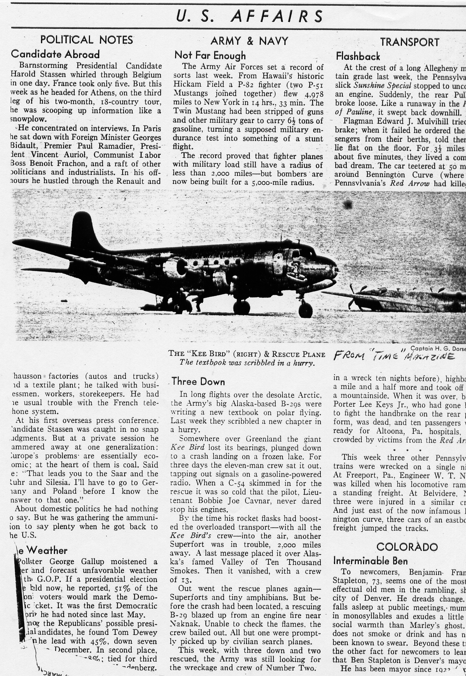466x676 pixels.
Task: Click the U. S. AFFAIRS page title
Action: point(249,16)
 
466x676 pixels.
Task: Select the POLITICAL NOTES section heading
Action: point(87,40)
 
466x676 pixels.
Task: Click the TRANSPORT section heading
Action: point(409,42)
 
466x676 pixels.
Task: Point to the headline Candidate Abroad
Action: point(55,54)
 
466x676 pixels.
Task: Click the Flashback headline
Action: point(358,56)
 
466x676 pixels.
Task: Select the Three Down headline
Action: point(198,381)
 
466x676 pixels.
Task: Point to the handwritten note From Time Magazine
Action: point(394,356)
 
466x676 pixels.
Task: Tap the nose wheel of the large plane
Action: point(305,310)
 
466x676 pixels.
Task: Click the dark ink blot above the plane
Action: point(347,204)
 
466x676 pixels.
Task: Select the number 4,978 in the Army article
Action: point(312,94)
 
